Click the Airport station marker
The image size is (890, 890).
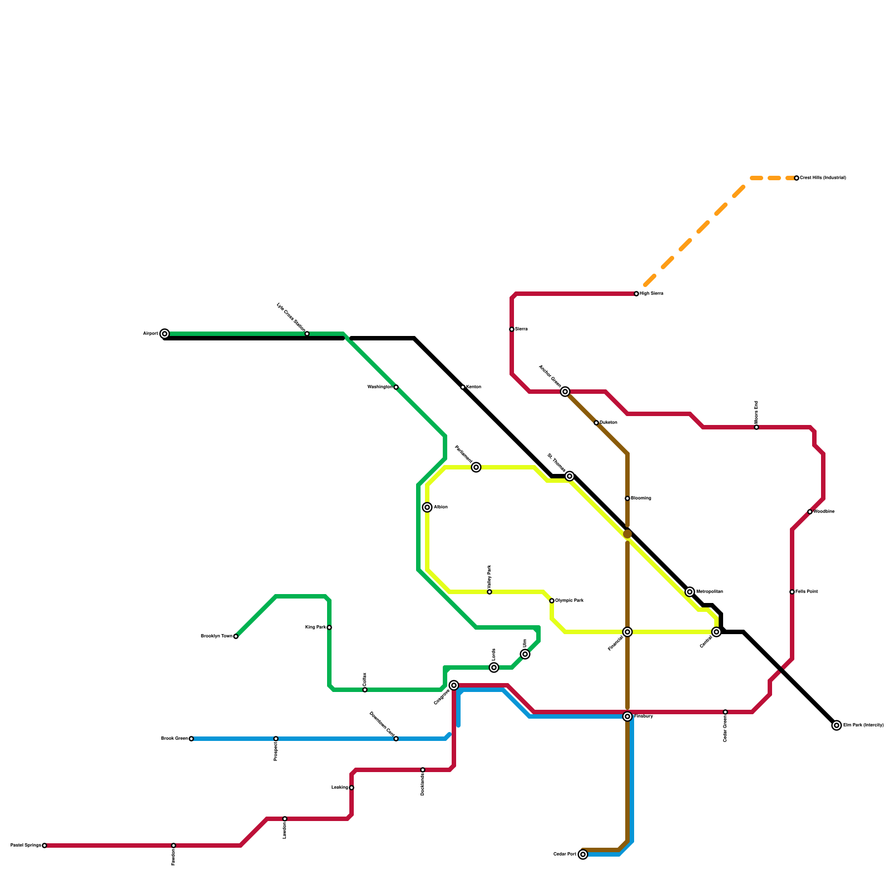165,334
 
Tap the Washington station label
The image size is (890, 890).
379,387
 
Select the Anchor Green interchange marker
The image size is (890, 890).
565,392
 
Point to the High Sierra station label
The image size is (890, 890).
651,294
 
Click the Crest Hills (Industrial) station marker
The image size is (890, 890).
797,178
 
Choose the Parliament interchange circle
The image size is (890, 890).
476,467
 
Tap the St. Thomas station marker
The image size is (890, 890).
570,476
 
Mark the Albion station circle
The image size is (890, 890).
427,507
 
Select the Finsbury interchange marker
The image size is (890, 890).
627,716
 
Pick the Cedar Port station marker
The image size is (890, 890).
583,854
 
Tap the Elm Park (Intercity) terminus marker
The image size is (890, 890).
837,725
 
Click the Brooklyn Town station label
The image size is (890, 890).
216,636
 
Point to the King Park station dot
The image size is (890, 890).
329,627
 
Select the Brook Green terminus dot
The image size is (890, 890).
191,739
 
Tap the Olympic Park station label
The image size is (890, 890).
569,601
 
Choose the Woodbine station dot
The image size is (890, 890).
810,512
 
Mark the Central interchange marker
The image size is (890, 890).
716,632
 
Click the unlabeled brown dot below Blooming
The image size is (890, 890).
627,534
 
